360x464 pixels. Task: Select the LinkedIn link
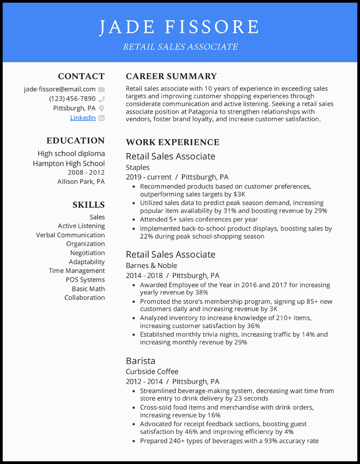point(83,118)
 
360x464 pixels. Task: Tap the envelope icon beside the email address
point(102,89)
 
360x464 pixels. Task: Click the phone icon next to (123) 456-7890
point(102,99)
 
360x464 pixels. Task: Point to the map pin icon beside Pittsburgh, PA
point(102,108)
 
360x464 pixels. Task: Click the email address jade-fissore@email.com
point(59,89)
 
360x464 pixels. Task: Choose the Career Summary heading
point(171,76)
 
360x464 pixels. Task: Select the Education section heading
point(76,141)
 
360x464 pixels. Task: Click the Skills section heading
point(89,205)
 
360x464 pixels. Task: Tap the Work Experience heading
point(172,143)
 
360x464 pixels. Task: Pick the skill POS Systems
point(85,280)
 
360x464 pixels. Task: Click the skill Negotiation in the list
point(87,253)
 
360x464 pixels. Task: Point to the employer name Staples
point(138,167)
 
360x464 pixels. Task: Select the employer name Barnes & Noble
point(151,265)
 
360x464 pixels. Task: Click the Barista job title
point(140,361)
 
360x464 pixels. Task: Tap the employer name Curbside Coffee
point(152,371)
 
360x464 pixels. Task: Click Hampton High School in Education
point(69,164)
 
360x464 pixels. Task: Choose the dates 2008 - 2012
point(86,173)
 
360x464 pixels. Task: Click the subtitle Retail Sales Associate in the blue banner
point(180,47)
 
